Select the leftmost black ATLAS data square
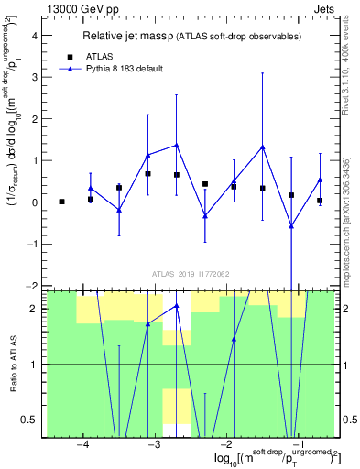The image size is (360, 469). (x=61, y=202)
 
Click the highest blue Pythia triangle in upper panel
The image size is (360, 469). (x=177, y=145)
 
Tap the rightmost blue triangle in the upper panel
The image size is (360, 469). (x=320, y=180)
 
